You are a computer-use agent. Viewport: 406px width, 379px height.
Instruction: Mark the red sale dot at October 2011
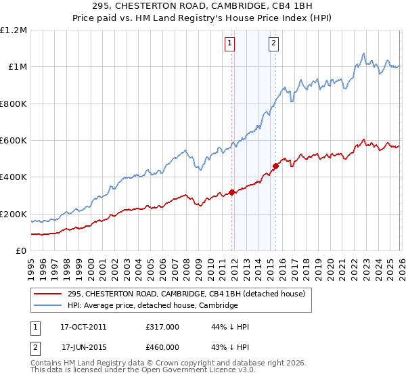(232, 192)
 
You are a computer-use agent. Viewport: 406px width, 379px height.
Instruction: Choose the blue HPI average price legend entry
(152, 306)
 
